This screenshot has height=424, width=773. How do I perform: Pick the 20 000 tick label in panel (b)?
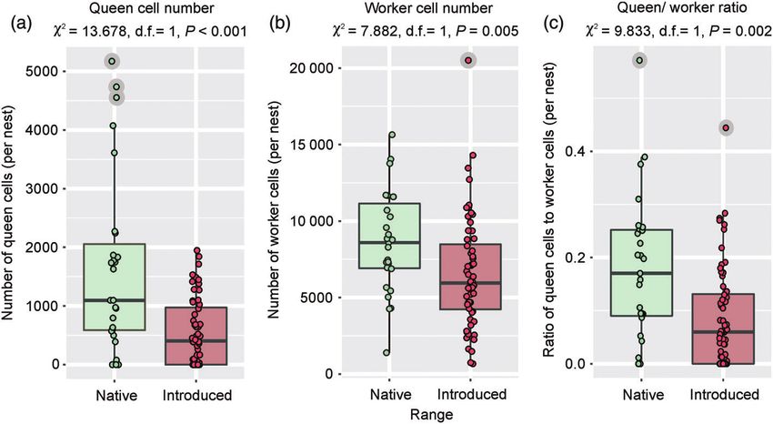(x=306, y=68)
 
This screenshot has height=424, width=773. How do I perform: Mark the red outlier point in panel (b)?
(x=467, y=60)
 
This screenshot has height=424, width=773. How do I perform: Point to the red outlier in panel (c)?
(x=725, y=127)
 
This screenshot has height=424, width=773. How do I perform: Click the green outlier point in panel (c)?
(x=640, y=60)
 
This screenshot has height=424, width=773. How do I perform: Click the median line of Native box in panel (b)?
(x=388, y=243)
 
